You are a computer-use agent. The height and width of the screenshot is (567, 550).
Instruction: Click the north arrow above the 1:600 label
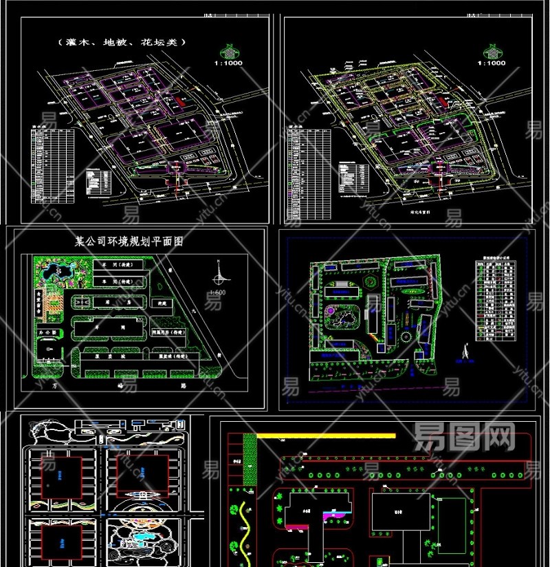[219, 277]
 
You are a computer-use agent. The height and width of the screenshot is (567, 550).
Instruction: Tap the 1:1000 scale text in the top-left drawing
[230, 63]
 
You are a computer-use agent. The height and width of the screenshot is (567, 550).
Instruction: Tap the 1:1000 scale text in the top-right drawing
[492, 63]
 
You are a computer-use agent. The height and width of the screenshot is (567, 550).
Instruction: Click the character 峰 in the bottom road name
[128, 387]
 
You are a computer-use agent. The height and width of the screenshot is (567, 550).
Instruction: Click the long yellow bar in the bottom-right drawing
[326, 436]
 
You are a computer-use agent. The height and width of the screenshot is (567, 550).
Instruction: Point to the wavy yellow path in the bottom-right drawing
[244, 530]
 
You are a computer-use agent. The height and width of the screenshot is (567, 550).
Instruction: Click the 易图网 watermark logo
[464, 436]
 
